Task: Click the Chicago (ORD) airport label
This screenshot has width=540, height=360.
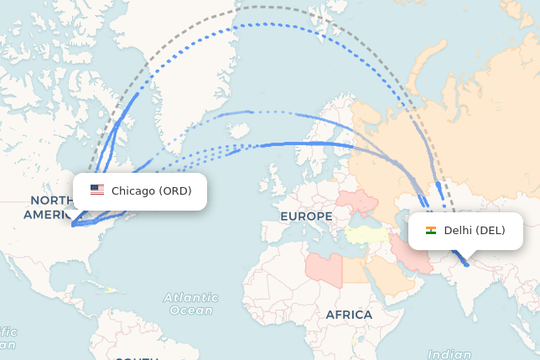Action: [151, 191]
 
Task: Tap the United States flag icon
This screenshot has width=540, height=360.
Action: [97, 190]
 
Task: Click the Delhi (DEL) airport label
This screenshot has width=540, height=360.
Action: [475, 231]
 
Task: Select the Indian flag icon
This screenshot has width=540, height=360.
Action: [431, 231]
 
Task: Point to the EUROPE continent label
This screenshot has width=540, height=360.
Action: [306, 217]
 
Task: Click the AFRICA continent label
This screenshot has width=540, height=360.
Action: [349, 315]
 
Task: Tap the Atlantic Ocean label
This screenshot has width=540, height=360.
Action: [191, 304]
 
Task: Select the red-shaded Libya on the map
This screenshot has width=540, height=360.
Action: [323, 268]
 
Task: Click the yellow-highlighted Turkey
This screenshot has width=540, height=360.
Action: [367, 233]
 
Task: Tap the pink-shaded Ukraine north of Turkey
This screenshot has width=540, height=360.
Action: [361, 201]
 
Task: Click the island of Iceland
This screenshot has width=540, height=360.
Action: [238, 131]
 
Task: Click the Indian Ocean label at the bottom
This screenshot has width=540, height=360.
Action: [449, 355]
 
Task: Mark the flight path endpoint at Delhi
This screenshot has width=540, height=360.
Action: [466, 265]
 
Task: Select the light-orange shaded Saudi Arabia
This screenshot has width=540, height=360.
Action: [391, 276]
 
